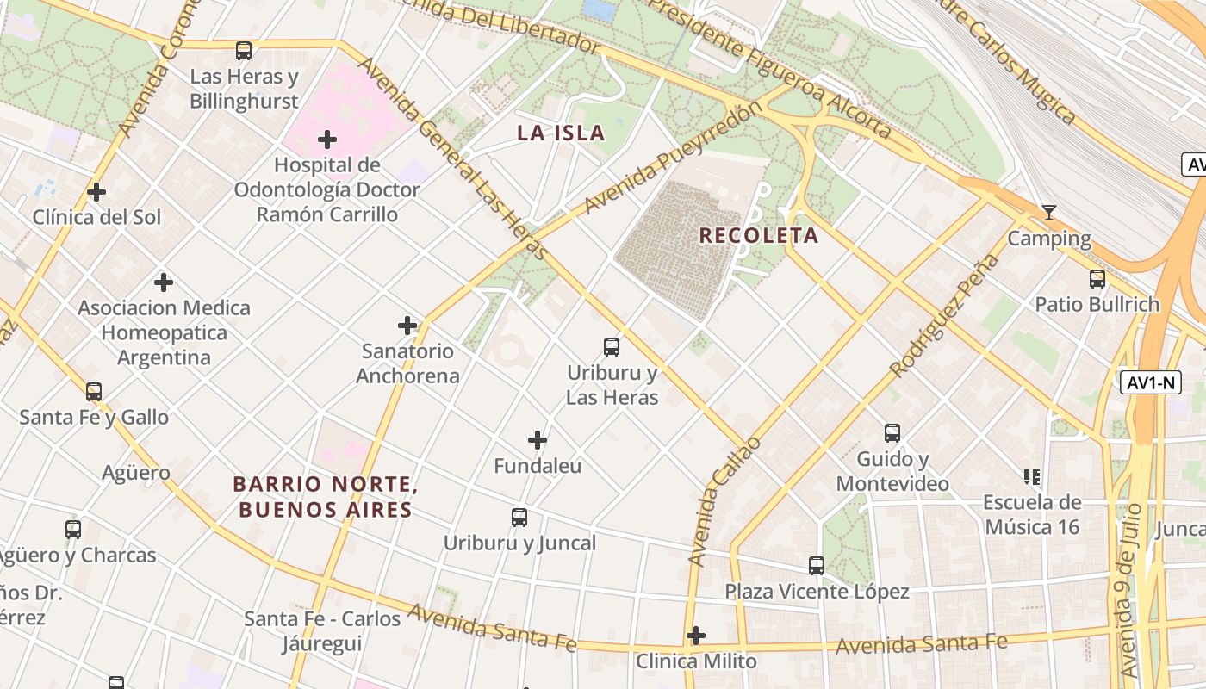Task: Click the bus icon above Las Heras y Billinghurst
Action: pyautogui.click(x=244, y=51)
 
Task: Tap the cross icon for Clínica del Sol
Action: pyautogui.click(x=96, y=191)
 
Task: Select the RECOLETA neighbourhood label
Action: pyautogui.click(x=758, y=235)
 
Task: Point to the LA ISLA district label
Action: pyautogui.click(x=561, y=133)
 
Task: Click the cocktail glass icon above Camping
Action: pyautogui.click(x=1048, y=213)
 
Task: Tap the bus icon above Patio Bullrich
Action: pyautogui.click(x=1097, y=279)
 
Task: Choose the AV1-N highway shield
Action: pyautogui.click(x=1150, y=382)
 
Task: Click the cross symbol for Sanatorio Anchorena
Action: pyautogui.click(x=407, y=326)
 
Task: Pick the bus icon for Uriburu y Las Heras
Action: pyautogui.click(x=611, y=347)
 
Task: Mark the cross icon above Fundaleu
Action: pyautogui.click(x=538, y=440)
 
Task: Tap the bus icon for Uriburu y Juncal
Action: pyautogui.click(x=519, y=518)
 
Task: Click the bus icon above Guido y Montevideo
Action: pyautogui.click(x=892, y=433)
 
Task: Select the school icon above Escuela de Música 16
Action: pyautogui.click(x=1031, y=476)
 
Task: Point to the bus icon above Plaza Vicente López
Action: pyautogui.click(x=816, y=566)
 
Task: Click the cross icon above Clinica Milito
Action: pyautogui.click(x=696, y=636)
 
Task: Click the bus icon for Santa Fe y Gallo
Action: pyautogui.click(x=94, y=392)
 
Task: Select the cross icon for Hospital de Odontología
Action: pyautogui.click(x=327, y=139)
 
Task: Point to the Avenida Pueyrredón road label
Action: pyautogui.click(x=673, y=158)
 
